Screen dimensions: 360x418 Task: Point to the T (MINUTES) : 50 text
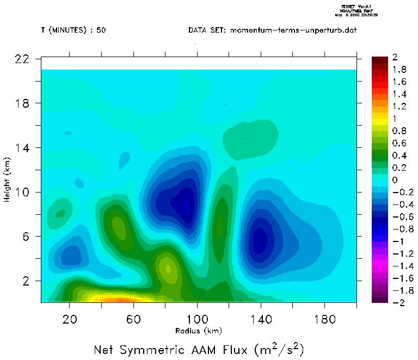73,30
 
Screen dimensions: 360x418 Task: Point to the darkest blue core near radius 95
186,206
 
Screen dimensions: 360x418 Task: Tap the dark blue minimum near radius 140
260,239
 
